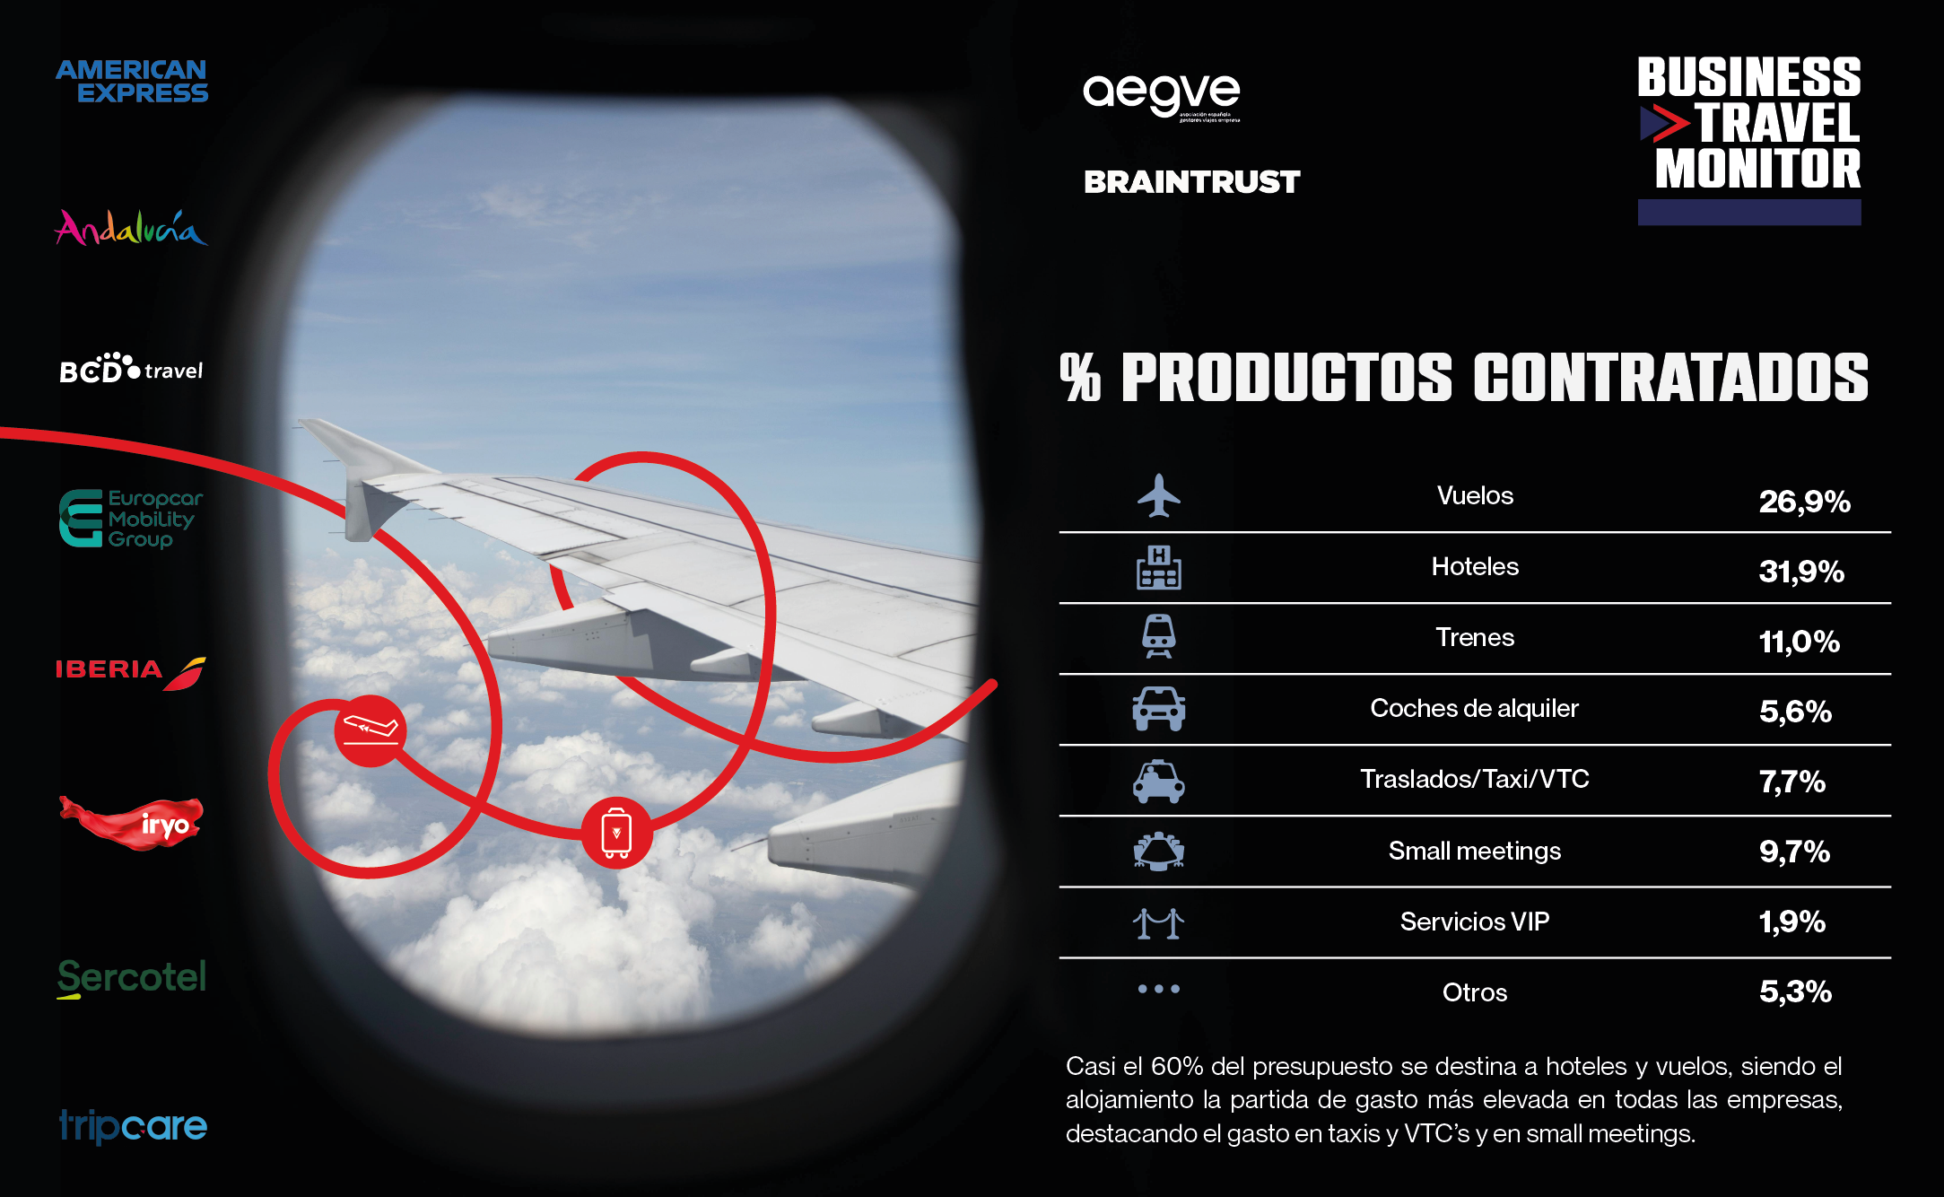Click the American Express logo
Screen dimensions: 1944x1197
tap(132, 82)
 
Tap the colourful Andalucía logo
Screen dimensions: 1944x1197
tap(131, 227)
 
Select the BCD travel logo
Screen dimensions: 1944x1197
tap(131, 368)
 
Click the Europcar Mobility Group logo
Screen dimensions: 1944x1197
tap(131, 519)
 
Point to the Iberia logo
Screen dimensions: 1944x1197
tap(131, 671)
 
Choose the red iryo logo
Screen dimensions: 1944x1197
tap(131, 822)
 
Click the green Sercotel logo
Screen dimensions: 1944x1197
tap(132, 978)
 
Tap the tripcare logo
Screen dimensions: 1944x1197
tap(133, 1126)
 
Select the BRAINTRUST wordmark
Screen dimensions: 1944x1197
tap(1191, 182)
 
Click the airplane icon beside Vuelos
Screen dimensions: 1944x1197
tap(1159, 495)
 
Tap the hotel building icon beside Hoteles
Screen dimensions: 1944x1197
tap(1159, 567)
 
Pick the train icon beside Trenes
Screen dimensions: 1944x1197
tap(1159, 636)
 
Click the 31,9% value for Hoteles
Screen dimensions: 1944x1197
tap(1801, 572)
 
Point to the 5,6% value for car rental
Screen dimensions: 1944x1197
tap(1795, 712)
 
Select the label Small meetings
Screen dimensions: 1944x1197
tap(1475, 851)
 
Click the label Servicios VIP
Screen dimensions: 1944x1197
tap(1475, 922)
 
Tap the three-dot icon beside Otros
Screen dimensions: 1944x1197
tap(1159, 989)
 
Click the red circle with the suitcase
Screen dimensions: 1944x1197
tap(616, 833)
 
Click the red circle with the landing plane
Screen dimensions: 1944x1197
tap(370, 730)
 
